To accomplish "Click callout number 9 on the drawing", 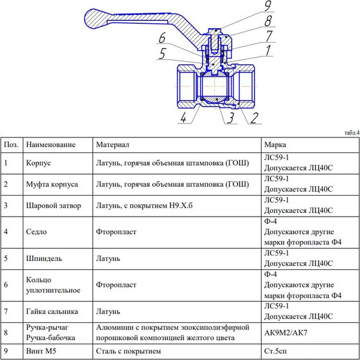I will pyautogui.click(x=268, y=8).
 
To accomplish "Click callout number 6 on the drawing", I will pyautogui.click(x=162, y=40).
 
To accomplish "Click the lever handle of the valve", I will pyautogui.click(x=120, y=18).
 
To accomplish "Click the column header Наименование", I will pyautogui.click(x=50, y=145).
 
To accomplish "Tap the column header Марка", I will pyautogui.click(x=275, y=145).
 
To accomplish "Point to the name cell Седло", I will pyautogui.click(x=37, y=231).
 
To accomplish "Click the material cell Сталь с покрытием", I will pyautogui.click(x=128, y=350).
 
